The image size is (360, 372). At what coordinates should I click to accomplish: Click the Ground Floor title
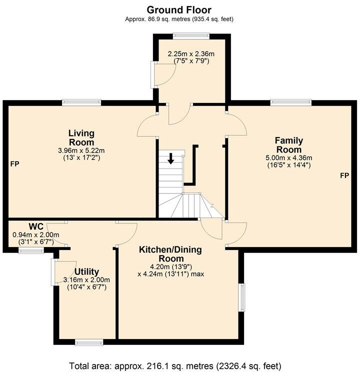[179, 9]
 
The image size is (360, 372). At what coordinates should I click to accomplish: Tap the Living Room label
[81, 138]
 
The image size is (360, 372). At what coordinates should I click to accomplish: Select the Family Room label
[288, 145]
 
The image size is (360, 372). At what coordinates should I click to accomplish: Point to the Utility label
[86, 271]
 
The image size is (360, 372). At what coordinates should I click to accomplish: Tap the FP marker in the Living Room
[14, 164]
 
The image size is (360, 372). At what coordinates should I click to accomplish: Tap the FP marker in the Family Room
[344, 175]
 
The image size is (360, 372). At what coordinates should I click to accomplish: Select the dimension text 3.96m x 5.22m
[81, 150]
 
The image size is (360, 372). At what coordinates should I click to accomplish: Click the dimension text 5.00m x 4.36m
[288, 157]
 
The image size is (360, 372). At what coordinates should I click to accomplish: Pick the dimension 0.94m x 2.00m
[36, 235]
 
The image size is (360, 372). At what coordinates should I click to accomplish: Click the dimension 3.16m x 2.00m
[86, 280]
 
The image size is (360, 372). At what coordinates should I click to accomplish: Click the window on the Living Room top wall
[81, 102]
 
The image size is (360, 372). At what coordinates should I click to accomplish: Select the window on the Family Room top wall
[291, 102]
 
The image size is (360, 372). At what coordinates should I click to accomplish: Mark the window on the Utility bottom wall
[89, 342]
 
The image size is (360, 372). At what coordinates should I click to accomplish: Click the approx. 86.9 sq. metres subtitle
[179, 19]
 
